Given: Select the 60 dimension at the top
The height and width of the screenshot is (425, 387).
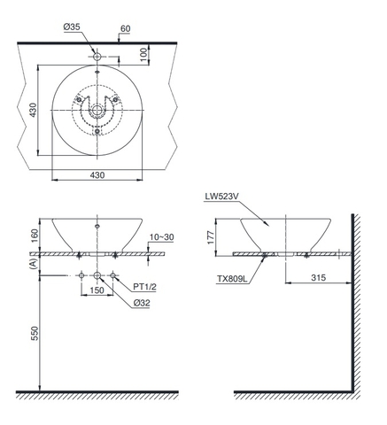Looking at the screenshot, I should click(127, 29).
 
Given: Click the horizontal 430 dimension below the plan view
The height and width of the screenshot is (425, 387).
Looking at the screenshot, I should click(97, 175).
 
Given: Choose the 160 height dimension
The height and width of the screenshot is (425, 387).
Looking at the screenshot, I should click(34, 236).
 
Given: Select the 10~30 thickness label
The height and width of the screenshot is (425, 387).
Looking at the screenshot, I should click(162, 237).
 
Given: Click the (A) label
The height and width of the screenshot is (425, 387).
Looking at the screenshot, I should click(34, 264).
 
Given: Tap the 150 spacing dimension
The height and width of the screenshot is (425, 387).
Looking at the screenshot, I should click(96, 290).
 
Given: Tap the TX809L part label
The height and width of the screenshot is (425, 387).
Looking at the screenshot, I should click(231, 278).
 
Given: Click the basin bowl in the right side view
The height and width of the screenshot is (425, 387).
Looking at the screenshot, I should click(284, 234).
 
